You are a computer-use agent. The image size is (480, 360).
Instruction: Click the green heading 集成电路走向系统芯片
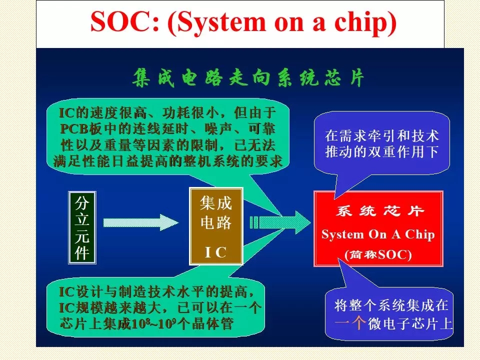coord(248,78)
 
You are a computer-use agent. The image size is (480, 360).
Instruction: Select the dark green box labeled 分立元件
coord(82,227)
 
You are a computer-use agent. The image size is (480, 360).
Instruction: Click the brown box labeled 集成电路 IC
coord(216,226)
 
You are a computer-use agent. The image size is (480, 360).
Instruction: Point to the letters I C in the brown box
coord(215,252)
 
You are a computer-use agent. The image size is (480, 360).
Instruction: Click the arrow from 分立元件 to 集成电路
coord(141,222)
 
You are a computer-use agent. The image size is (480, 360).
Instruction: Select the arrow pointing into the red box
coord(280,222)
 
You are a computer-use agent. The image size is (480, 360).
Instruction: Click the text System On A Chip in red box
coord(378,234)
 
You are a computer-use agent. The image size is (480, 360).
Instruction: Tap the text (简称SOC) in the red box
coord(378,254)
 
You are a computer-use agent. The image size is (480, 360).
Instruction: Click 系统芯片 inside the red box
coord(380,211)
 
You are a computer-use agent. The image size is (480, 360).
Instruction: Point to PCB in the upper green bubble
coord(74,129)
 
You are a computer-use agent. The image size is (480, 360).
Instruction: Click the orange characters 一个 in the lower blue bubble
coord(350,323)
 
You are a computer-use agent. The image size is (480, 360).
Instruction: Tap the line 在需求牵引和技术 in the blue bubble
coord(382,136)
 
